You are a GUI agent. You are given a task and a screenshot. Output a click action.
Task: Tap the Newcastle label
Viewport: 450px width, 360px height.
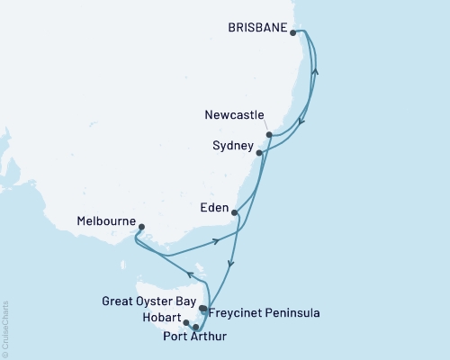tap(236, 115)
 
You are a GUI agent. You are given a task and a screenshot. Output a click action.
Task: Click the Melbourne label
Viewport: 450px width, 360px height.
tap(107, 220)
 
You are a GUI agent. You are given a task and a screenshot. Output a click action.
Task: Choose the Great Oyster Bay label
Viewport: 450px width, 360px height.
tap(157, 301)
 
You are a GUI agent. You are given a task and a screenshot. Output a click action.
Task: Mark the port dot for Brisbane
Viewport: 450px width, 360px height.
tap(293, 32)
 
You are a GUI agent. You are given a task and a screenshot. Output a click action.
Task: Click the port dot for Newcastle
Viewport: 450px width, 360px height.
tap(269, 135)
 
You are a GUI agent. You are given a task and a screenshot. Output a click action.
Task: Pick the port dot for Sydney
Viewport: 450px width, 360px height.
tap(259, 153)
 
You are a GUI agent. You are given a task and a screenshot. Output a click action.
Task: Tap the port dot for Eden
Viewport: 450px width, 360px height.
tap(234, 213)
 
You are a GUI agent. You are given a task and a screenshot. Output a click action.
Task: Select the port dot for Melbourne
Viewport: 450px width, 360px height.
tap(141, 228)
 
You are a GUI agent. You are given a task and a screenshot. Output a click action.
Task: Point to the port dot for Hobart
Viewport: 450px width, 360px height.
tap(186, 322)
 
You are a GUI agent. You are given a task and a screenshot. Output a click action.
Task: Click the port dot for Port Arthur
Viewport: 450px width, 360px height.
tap(195, 328)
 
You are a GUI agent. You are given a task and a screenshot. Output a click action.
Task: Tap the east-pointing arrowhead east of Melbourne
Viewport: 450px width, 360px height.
tap(217, 240)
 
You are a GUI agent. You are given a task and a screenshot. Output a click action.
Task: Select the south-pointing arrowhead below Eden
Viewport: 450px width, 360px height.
tap(231, 264)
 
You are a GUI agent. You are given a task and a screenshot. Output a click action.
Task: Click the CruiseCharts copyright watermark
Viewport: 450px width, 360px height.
tap(5, 328)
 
